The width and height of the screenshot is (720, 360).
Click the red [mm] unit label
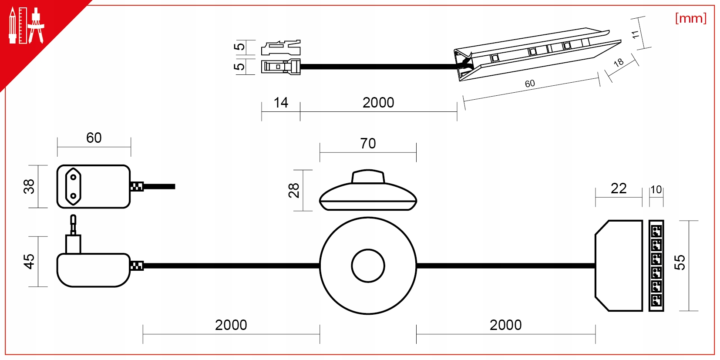pos(690,18)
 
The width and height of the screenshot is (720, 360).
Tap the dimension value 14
pos(281,103)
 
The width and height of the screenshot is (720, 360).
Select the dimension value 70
pos(368,143)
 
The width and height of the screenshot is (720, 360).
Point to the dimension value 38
pos(29,186)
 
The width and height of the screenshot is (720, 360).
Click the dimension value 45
pos(29,261)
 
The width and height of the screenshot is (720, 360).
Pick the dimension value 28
pos(294,190)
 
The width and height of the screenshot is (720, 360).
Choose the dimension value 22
pos(618,188)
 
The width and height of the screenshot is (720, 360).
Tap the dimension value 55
pos(680,262)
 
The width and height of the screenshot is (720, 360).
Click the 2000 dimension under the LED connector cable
pos(378,103)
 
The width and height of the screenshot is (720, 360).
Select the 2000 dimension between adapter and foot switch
pos(231,325)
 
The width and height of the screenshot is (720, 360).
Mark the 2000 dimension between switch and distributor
pos(505,325)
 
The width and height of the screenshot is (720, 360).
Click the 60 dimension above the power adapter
pos(94,138)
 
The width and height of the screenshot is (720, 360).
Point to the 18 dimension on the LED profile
pos(618,63)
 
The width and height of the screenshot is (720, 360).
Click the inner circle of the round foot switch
pos(368,266)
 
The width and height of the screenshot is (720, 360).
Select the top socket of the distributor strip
pos(656,231)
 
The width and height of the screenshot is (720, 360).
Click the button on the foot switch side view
pos(368,176)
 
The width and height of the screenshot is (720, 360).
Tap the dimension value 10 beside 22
pos(656,190)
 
